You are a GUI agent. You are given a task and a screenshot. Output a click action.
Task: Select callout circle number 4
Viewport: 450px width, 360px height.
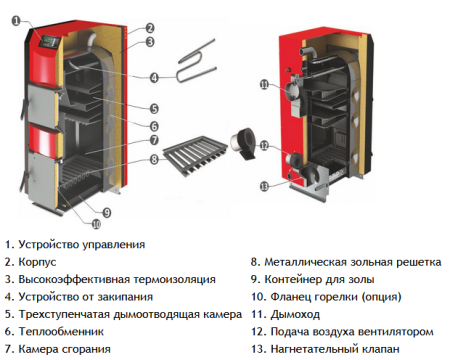click(154, 77)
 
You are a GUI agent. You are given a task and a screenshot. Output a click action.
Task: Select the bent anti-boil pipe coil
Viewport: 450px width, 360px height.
click(196, 66)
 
